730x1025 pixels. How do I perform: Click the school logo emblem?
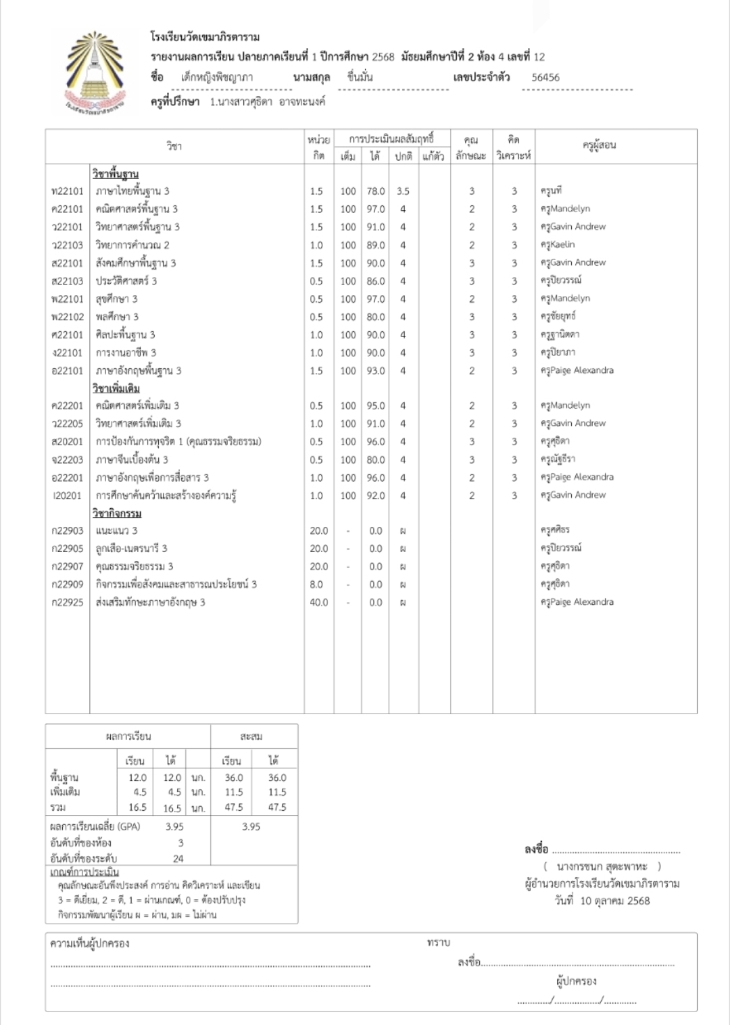coord(95,73)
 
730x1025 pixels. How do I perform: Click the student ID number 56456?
coord(545,78)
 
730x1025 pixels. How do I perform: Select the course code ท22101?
coord(68,191)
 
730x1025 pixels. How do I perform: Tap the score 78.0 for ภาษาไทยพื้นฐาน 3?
coord(376,191)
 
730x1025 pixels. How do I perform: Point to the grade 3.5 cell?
coord(403,191)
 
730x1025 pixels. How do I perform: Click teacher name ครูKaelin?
coord(558,245)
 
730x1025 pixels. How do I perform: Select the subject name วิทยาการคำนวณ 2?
coord(132,245)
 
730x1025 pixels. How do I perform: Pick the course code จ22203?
coord(68,459)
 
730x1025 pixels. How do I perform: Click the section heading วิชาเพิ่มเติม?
coord(116,389)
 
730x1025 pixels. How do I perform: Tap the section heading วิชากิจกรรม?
coord(117,514)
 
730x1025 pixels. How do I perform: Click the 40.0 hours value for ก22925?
coord(318,602)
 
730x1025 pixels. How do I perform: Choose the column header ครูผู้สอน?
coord(599,145)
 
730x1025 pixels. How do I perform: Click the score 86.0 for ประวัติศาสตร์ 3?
coord(376,281)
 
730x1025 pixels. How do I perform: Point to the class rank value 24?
coord(178,859)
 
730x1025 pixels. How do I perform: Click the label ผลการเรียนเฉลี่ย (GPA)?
coord(95,826)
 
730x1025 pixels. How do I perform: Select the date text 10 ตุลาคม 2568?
coord(615,901)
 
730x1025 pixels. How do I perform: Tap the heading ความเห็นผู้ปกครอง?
coord(90,943)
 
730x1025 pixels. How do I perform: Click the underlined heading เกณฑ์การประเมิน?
coord(84,872)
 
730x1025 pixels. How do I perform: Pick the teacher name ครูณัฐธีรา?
coord(558,459)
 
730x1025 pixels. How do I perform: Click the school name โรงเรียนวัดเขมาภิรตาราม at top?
coord(205,37)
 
